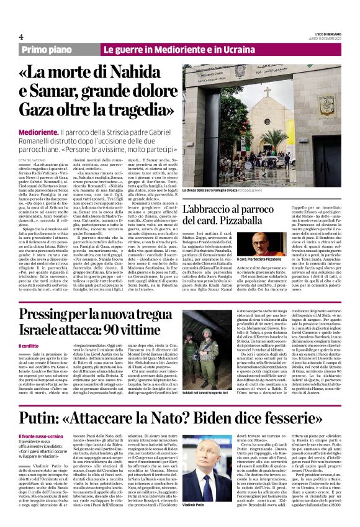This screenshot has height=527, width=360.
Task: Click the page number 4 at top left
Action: pos(20,37)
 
